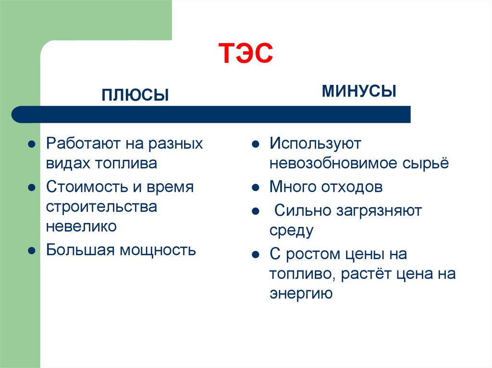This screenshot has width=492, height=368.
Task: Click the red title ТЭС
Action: point(246,53)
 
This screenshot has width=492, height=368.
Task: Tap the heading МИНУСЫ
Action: point(359,91)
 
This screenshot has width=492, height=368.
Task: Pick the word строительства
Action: point(101,207)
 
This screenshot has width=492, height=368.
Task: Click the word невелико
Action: point(81,226)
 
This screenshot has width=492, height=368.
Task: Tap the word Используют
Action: point(315,143)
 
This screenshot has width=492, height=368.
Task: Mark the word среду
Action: point(291,230)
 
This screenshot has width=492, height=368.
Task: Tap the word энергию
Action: point(301,293)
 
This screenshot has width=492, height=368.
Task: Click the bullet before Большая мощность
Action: point(31,250)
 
